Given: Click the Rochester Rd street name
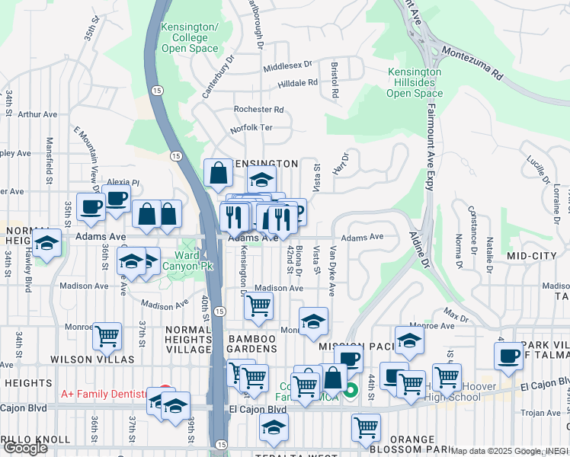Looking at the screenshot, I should click(258, 110).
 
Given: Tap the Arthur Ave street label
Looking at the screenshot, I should click(37, 114).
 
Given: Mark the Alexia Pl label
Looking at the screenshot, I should click(123, 183).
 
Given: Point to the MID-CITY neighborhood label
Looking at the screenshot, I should click(530, 256).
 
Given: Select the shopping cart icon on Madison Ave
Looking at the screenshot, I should click(258, 305).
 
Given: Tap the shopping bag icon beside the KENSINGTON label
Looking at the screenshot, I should click(218, 173).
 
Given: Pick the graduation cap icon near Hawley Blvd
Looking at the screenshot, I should click(47, 244).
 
